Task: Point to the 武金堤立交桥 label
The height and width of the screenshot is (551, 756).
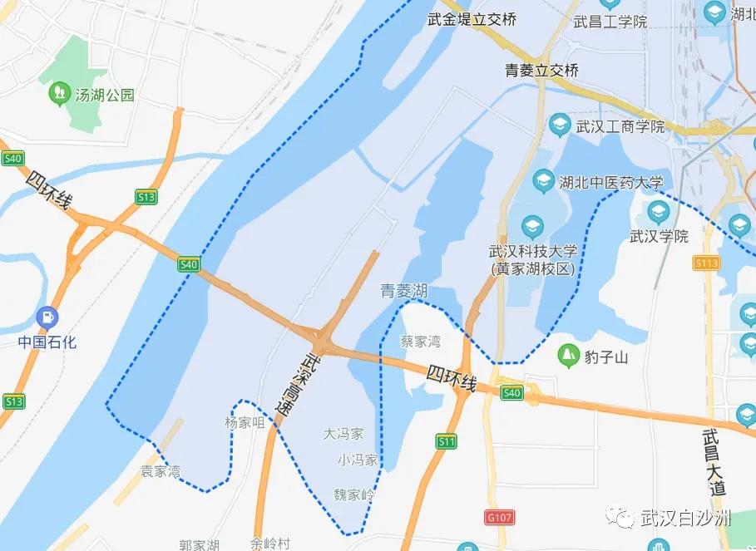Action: point(471,19)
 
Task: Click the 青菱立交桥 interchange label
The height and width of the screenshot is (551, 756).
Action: point(541,71)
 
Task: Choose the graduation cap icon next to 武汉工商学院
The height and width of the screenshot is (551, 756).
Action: point(560,126)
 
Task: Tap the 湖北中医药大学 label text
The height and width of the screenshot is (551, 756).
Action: point(611,182)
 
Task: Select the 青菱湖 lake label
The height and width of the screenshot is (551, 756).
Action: point(404,290)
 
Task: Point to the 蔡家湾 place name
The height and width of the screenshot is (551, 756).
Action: point(421,342)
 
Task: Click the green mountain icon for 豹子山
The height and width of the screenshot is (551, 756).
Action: point(569,356)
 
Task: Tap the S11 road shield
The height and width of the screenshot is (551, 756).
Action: point(447,441)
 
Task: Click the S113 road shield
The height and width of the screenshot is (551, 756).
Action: point(705,263)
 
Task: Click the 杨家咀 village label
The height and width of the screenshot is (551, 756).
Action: point(244,422)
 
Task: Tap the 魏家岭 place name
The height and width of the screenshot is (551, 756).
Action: point(355,494)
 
